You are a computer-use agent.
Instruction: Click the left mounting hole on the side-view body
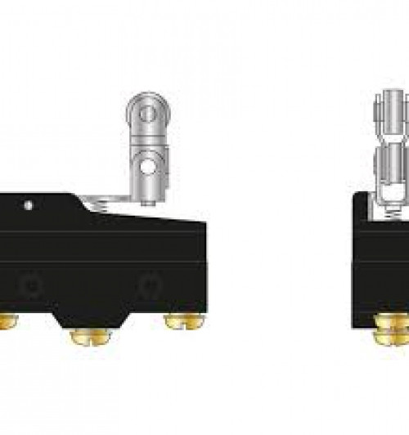click(x=31, y=286)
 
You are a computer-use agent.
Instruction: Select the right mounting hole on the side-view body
click(x=151, y=286)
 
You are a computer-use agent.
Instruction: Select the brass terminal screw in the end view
click(x=391, y=327)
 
